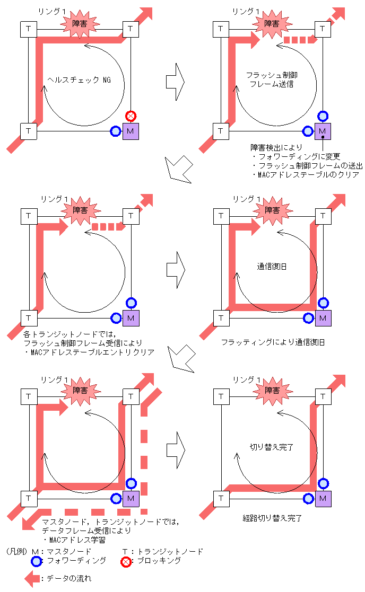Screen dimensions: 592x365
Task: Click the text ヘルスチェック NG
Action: tap(79, 80)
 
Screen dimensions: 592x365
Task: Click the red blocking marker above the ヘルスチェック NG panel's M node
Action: tap(131, 116)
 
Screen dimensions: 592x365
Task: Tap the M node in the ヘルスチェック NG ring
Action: tap(131, 131)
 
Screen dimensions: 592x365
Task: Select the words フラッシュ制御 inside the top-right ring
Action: tap(272, 75)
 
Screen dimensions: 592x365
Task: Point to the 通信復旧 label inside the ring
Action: tap(272, 267)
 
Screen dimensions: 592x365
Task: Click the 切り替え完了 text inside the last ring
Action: tap(272, 447)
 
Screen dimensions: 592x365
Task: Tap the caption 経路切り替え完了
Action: tap(272, 518)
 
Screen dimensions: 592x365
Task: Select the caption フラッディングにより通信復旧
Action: tap(273, 342)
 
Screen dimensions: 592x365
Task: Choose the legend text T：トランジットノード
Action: tap(162, 551)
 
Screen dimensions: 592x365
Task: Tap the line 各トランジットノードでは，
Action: tap(69, 335)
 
